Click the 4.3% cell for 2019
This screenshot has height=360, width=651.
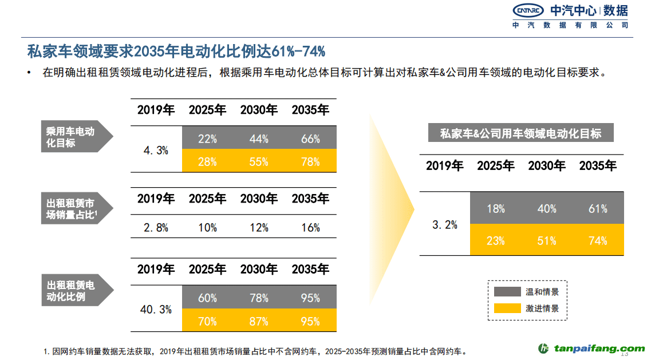point(156,151)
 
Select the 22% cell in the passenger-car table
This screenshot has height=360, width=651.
point(207,139)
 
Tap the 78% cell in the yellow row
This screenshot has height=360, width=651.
point(310,162)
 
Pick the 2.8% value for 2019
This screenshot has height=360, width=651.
point(156,228)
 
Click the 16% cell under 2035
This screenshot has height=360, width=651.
point(310,228)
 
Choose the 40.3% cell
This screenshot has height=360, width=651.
point(156,310)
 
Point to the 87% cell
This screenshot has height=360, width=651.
point(259,321)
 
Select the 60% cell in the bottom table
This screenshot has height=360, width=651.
point(207,298)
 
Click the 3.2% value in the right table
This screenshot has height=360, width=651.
point(444,225)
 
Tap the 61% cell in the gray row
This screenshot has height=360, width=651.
point(598,209)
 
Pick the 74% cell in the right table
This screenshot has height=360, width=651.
point(598,241)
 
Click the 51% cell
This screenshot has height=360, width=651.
point(547,241)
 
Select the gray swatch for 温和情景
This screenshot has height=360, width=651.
point(506,292)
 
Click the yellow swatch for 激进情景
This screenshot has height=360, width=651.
point(506,308)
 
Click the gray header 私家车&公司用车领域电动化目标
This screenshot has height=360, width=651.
point(520,134)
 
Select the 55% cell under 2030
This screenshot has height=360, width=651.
point(259,162)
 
